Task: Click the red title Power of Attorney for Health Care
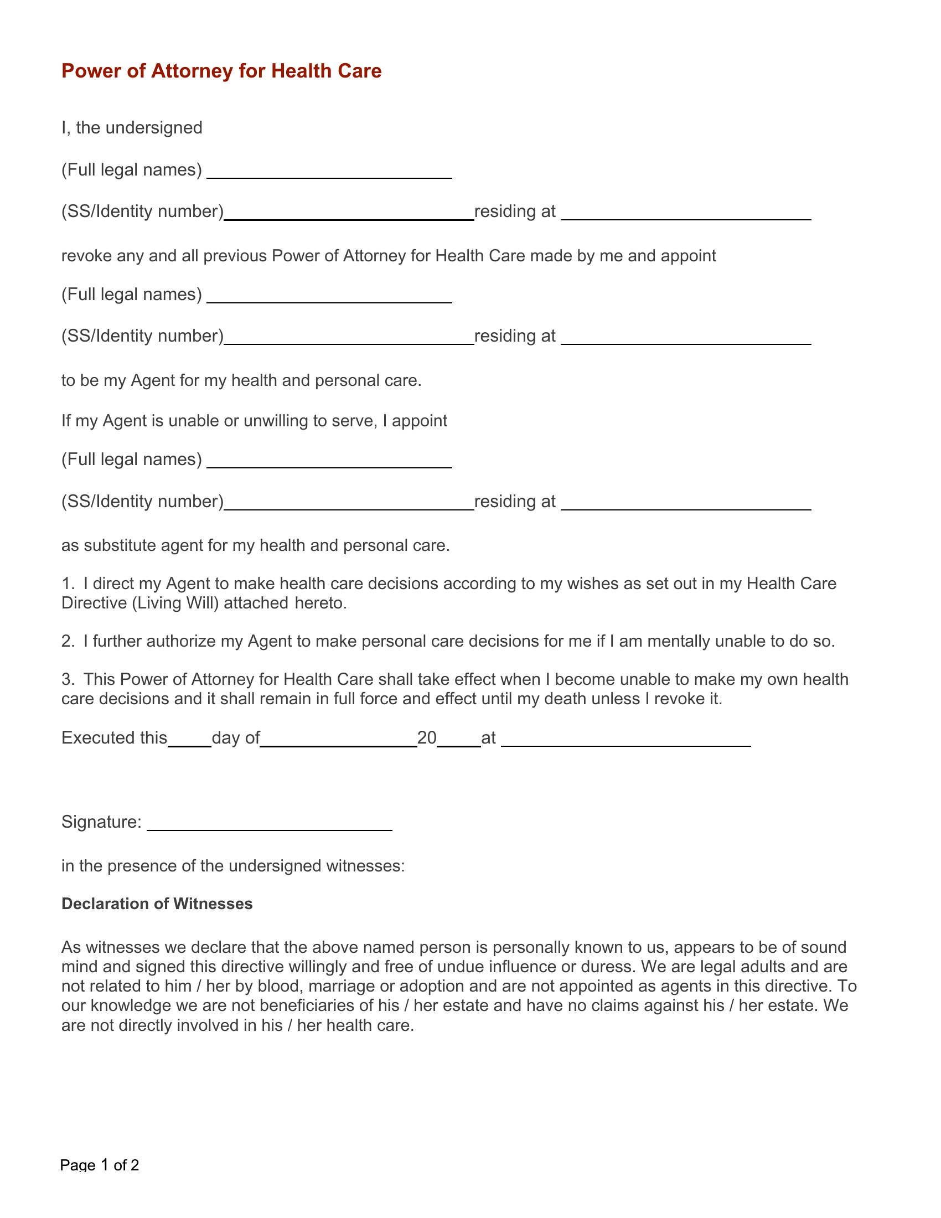pyautogui.click(x=221, y=71)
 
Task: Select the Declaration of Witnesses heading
pyautogui.click(x=157, y=904)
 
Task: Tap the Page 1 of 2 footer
pyautogui.click(x=99, y=1165)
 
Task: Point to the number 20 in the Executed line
pyautogui.click(x=427, y=738)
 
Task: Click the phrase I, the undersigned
pyautogui.click(x=132, y=128)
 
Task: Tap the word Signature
pyautogui.click(x=101, y=822)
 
